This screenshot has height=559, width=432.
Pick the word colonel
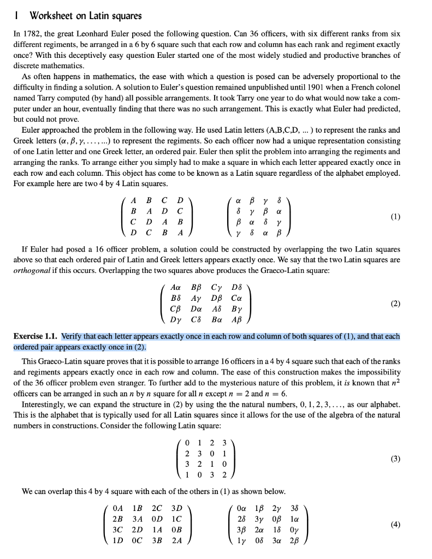pos(387,87)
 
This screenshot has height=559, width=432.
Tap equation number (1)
pos(395,216)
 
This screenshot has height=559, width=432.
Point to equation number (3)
pos(395,459)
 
